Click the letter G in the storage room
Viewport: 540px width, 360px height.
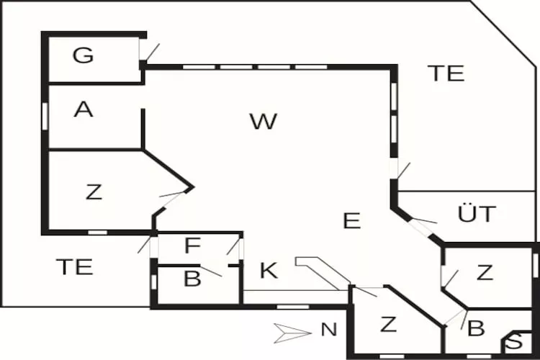[84, 55]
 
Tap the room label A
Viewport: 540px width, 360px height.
[84, 109]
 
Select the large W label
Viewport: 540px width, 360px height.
[264, 121]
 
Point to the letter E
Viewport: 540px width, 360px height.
[351, 220]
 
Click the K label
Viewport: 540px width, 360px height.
[269, 271]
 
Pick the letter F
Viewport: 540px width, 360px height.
[192, 246]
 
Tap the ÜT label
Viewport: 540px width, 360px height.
[477, 214]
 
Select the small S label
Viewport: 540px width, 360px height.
[517, 343]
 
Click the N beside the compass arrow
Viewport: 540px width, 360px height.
[328, 330]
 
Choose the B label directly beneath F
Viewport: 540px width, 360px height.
[192, 279]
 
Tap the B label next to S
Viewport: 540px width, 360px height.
[476, 329]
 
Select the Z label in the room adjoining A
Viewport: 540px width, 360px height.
[94, 192]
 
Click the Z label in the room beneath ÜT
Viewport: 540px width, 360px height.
[485, 272]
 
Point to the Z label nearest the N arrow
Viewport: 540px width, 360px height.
[388, 324]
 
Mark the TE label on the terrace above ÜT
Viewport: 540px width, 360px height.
[446, 73]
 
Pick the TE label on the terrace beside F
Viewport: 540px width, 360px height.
[75, 266]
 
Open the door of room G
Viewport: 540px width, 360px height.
[150, 51]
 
